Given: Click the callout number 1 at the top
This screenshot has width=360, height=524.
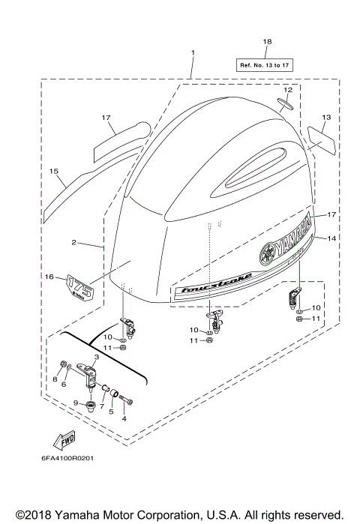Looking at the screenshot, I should (x=193, y=52).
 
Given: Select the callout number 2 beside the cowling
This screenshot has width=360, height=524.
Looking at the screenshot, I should (x=74, y=243).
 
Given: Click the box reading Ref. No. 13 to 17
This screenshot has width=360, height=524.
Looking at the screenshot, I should (x=266, y=64).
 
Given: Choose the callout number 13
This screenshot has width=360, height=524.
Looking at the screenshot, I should (x=326, y=117).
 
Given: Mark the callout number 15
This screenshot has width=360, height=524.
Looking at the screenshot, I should (x=53, y=172).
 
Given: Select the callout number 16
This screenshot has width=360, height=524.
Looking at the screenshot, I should (x=49, y=277).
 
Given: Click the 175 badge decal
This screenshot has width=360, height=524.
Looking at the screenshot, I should (x=79, y=289).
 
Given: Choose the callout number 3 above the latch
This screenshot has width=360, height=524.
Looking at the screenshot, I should (x=97, y=358).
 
